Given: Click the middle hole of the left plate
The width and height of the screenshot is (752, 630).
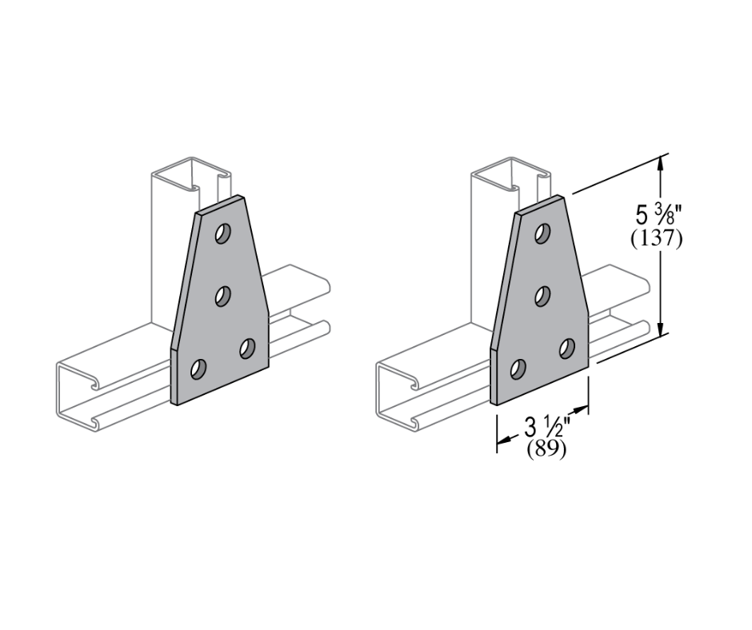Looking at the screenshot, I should click(222, 296).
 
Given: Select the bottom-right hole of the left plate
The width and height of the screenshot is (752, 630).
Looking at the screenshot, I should click(246, 349).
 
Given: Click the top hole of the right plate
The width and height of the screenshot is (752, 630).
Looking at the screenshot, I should click(543, 233).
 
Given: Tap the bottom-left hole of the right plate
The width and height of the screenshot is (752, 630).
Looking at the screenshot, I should click(519, 369).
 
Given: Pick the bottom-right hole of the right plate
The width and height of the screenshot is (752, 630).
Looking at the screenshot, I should click(567, 349).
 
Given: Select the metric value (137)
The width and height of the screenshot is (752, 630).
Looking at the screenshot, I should click(657, 238).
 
